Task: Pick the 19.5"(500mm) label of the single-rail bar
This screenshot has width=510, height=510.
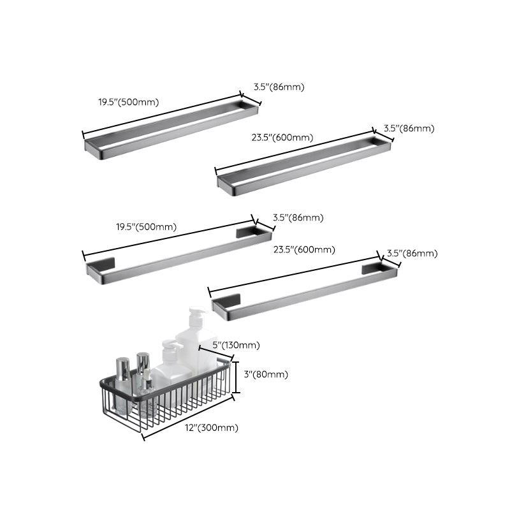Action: click(146, 226)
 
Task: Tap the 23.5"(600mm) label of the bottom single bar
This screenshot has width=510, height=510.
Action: click(303, 249)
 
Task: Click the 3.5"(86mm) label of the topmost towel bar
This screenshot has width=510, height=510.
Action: click(279, 87)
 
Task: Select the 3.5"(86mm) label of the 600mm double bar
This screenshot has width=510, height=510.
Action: click(409, 128)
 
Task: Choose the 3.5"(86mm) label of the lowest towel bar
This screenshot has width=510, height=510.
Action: click(412, 253)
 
